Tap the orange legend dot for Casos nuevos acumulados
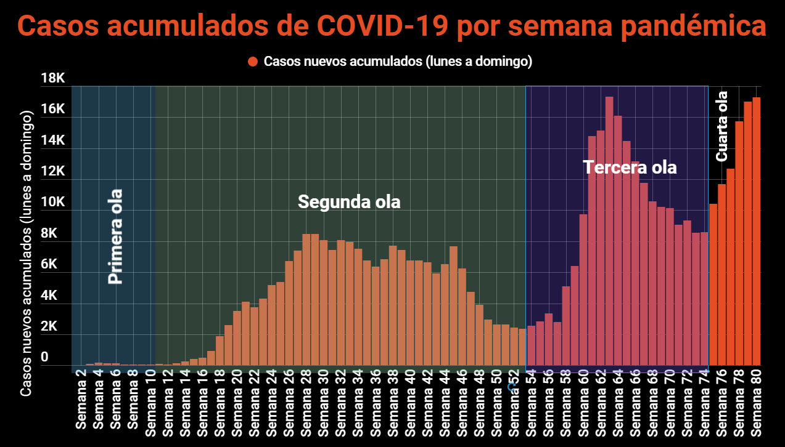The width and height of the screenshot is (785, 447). (x=252, y=62)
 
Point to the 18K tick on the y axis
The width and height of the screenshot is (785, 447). (x=52, y=78)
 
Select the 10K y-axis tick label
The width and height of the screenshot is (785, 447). (x=52, y=203)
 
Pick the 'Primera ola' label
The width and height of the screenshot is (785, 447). (x=115, y=236)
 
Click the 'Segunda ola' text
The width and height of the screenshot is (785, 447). (x=349, y=202)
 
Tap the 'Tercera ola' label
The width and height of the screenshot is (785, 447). (x=630, y=167)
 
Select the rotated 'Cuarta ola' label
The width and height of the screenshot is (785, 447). (x=721, y=126)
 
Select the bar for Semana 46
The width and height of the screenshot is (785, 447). (x=462, y=317)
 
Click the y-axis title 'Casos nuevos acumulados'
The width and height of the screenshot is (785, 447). (x=26, y=252)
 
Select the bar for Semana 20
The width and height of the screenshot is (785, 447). (x=237, y=338)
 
